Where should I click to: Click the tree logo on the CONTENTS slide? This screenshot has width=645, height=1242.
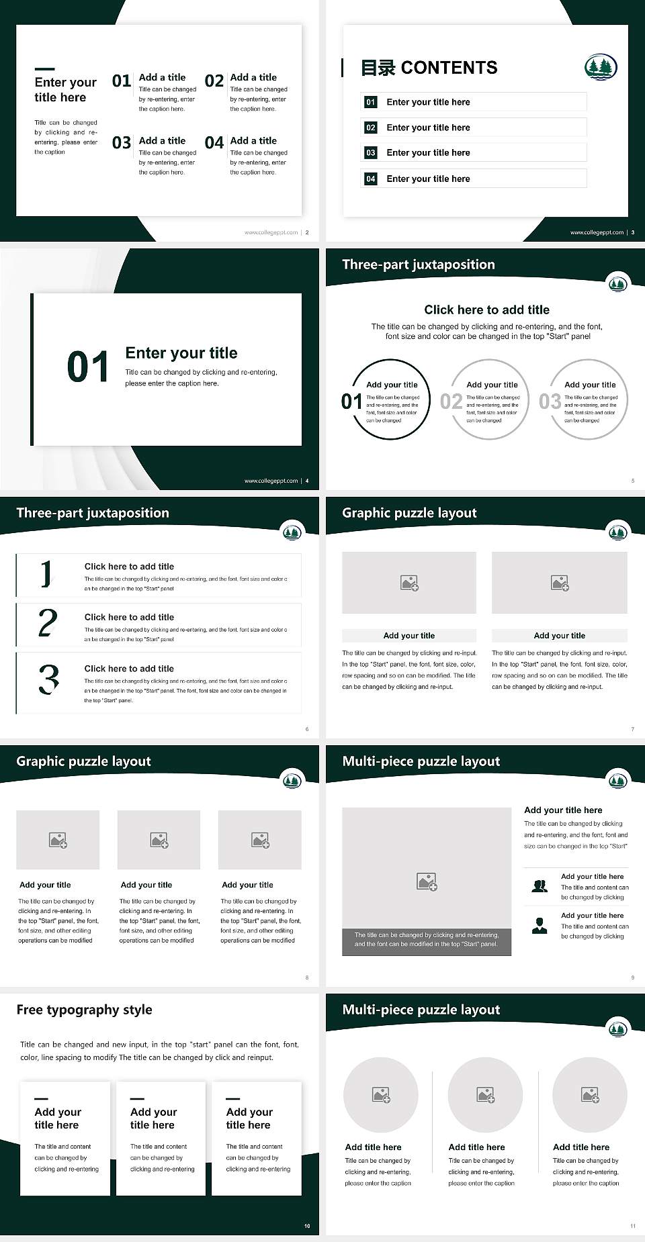tap(600, 67)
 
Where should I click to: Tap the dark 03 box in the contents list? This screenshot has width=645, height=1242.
tap(371, 153)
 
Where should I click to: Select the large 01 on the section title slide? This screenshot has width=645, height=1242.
tap(88, 367)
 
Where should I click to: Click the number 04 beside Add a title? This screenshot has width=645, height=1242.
tap(214, 142)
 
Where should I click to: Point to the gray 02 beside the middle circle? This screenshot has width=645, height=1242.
tap(451, 401)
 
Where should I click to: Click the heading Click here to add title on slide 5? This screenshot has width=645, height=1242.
tap(486, 309)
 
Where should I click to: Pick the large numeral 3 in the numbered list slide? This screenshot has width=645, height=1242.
tap(48, 679)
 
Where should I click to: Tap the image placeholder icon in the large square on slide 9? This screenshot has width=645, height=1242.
tap(427, 881)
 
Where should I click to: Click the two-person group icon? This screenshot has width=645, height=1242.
tap(540, 886)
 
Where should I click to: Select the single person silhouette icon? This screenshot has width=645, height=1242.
tap(540, 926)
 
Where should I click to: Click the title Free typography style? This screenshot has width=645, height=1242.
tap(84, 1010)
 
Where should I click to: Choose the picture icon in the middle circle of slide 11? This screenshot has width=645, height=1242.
tap(485, 1095)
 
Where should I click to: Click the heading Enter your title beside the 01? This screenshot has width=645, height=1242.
tap(181, 353)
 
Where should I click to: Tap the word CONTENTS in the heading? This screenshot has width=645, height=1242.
tap(449, 68)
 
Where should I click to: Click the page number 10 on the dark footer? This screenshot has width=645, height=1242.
tap(307, 1226)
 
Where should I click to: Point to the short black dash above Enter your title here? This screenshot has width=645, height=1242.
tap(44, 68)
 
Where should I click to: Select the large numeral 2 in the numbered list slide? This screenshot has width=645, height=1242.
tap(48, 624)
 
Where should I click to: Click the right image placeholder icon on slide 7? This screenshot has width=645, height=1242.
tap(560, 583)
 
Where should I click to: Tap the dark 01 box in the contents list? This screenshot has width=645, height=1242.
tap(371, 102)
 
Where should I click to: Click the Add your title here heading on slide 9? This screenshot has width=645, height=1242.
tap(563, 810)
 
